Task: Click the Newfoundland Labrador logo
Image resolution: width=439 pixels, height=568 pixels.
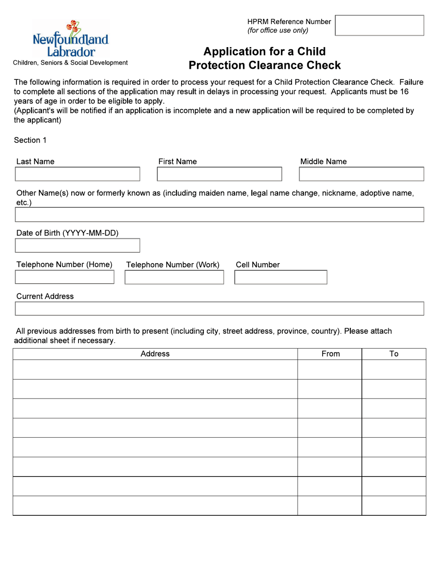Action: (71, 40)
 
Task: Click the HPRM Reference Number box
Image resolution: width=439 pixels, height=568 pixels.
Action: (379, 25)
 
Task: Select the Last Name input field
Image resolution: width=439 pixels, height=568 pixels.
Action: (77, 174)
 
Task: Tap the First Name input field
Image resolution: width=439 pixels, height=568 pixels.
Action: (219, 174)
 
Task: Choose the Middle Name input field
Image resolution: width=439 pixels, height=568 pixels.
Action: (361, 174)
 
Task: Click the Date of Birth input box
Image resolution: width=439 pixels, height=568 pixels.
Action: (77, 246)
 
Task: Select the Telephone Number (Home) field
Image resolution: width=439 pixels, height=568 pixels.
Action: (64, 277)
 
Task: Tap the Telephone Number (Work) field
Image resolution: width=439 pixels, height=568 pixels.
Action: (174, 277)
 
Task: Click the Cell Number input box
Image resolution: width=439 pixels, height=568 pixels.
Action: (280, 277)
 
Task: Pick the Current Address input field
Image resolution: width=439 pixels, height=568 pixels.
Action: (219, 308)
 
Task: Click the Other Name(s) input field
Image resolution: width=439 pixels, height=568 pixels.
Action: (219, 215)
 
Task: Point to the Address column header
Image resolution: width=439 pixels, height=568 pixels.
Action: (155, 354)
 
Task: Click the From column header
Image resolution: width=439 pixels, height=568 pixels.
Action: (330, 354)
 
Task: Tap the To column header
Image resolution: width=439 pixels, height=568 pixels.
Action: (394, 354)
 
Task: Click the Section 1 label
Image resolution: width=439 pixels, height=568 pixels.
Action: (30, 140)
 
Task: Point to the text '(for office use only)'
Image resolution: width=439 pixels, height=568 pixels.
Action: (278, 30)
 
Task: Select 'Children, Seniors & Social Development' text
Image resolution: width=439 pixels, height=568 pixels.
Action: (70, 63)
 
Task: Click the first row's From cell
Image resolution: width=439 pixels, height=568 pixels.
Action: (329, 369)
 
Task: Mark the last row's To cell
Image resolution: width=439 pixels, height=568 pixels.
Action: (394, 506)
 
